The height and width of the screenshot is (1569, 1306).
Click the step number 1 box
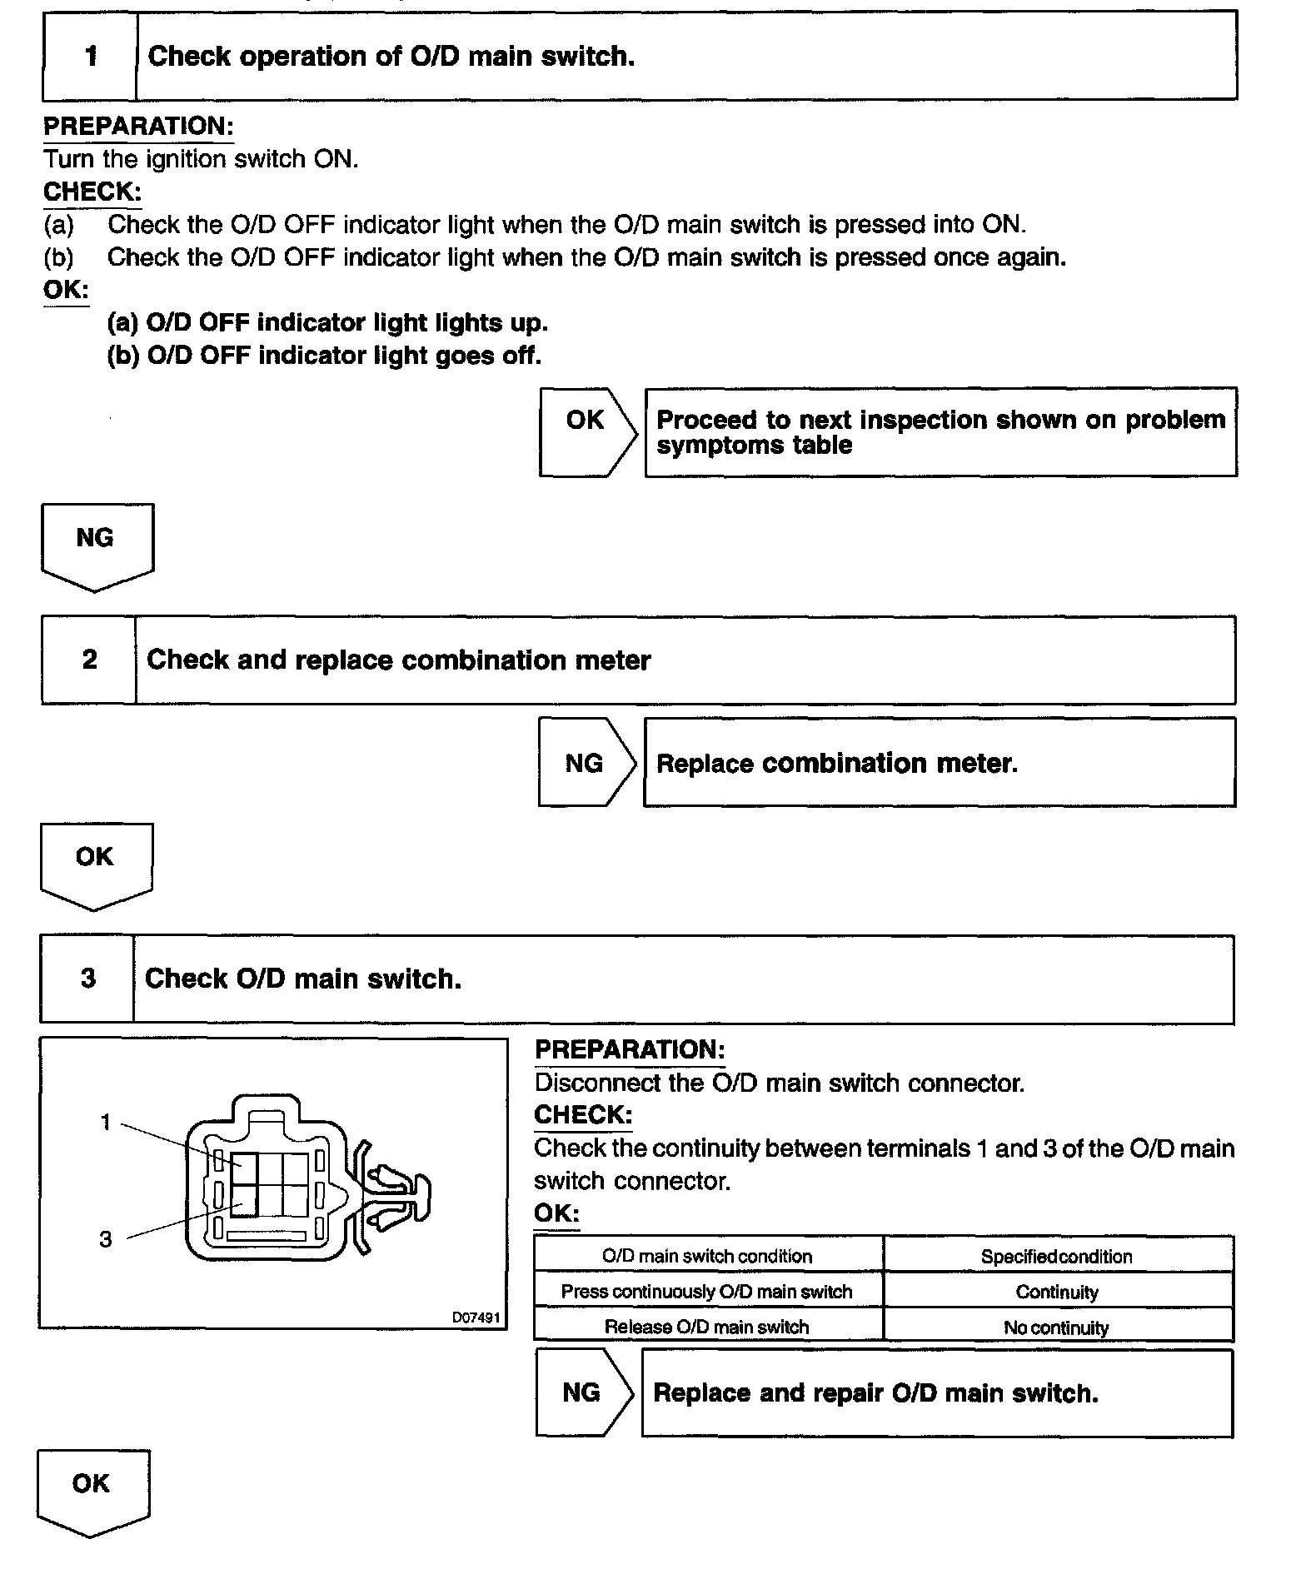pyautogui.click(x=90, y=57)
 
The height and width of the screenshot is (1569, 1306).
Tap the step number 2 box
pyautogui.click(x=89, y=660)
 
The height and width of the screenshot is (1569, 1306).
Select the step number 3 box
pyautogui.click(x=87, y=978)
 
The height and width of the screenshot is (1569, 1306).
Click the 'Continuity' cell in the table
pyautogui.click(x=1057, y=1292)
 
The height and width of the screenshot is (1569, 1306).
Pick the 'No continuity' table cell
pyautogui.click(x=1057, y=1327)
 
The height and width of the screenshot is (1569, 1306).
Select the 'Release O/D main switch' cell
pyautogui.click(x=707, y=1327)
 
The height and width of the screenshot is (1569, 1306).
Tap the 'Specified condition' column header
pyautogui.click(x=1057, y=1256)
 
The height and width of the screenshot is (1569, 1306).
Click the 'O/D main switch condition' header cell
pyautogui.click(x=707, y=1256)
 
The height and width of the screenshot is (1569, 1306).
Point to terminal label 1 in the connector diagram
pyautogui.click(x=106, y=1123)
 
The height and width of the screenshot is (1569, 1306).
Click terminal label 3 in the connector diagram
pyautogui.click(x=106, y=1239)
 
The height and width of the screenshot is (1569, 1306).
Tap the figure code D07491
pyautogui.click(x=476, y=1317)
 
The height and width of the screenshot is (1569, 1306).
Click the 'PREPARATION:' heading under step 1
pyautogui.click(x=138, y=127)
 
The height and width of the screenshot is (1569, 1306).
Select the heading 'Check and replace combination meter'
pyautogui.click(x=398, y=660)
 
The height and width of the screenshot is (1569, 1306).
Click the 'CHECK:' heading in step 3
pyautogui.click(x=583, y=1114)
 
